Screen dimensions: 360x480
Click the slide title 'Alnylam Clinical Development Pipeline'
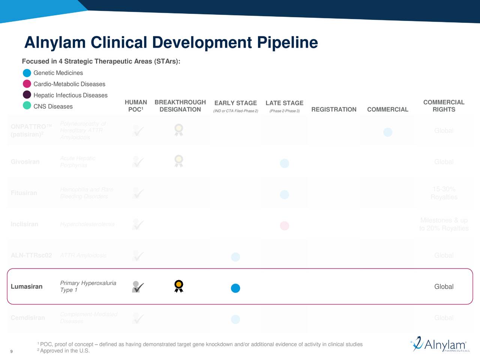[171, 42]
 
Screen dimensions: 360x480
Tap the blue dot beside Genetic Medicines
[27, 73]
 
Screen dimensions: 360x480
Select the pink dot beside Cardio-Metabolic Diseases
[27, 84]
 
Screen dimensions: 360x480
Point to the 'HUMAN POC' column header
[135, 106]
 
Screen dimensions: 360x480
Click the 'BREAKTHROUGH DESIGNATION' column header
[180, 106]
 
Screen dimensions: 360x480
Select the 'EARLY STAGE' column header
[235, 103]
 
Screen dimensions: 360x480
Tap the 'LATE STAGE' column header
[284, 103]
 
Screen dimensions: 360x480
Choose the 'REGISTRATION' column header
[334, 109]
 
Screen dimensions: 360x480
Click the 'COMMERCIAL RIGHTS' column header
[444, 106]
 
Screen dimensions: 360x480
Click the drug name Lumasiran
[27, 286]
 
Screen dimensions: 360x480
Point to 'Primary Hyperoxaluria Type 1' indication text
[88, 286]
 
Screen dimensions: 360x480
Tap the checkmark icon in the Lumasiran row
[138, 287]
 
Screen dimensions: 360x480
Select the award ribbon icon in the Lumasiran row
[179, 286]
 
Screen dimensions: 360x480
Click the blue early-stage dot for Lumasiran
[235, 288]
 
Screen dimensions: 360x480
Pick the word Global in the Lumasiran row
[444, 286]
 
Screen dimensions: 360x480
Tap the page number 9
[11, 351]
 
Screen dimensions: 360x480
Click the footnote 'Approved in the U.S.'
[64, 351]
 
